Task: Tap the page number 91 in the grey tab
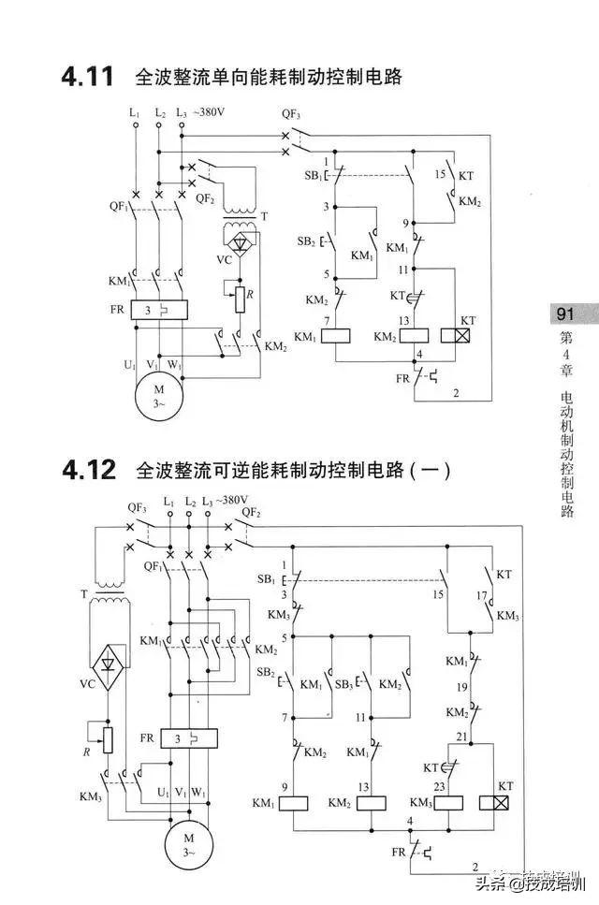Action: tap(565, 314)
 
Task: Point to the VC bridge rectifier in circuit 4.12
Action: tap(109, 667)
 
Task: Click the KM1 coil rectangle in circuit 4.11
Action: tap(336, 336)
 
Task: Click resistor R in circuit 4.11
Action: tap(241, 299)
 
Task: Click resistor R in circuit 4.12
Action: tap(108, 739)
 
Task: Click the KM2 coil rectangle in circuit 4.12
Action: tap(371, 802)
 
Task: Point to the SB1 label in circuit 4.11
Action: tap(313, 176)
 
